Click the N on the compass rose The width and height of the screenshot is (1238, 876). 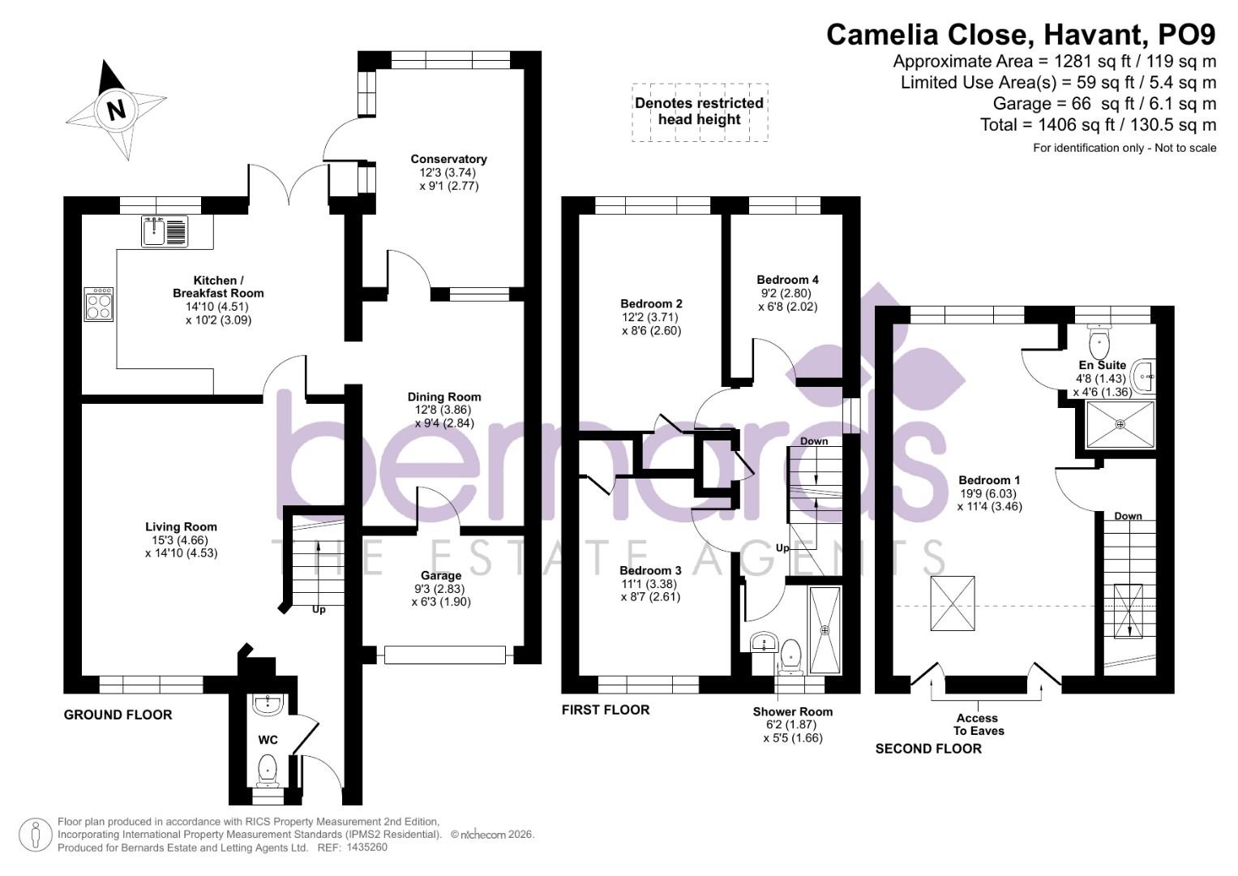(x=117, y=109)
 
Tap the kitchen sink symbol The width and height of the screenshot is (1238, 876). (x=165, y=231)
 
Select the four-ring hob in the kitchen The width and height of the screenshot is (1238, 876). (x=99, y=304)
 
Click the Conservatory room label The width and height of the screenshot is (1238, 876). (x=448, y=159)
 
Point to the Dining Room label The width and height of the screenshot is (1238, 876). (x=444, y=397)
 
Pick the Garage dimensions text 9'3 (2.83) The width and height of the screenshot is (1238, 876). (x=440, y=589)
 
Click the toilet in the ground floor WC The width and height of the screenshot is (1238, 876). (x=268, y=768)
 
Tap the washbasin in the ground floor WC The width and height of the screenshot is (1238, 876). (x=268, y=705)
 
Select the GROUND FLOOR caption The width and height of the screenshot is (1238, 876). (x=118, y=715)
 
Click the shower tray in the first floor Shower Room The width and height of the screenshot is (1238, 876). (x=825, y=629)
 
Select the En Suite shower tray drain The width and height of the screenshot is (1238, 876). (x=1120, y=423)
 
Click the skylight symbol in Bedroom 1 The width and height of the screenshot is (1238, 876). (x=953, y=603)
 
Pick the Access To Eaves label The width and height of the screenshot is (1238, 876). (x=978, y=724)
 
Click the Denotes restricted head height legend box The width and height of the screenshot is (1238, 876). (x=699, y=112)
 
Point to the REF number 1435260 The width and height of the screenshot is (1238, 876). (x=366, y=848)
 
